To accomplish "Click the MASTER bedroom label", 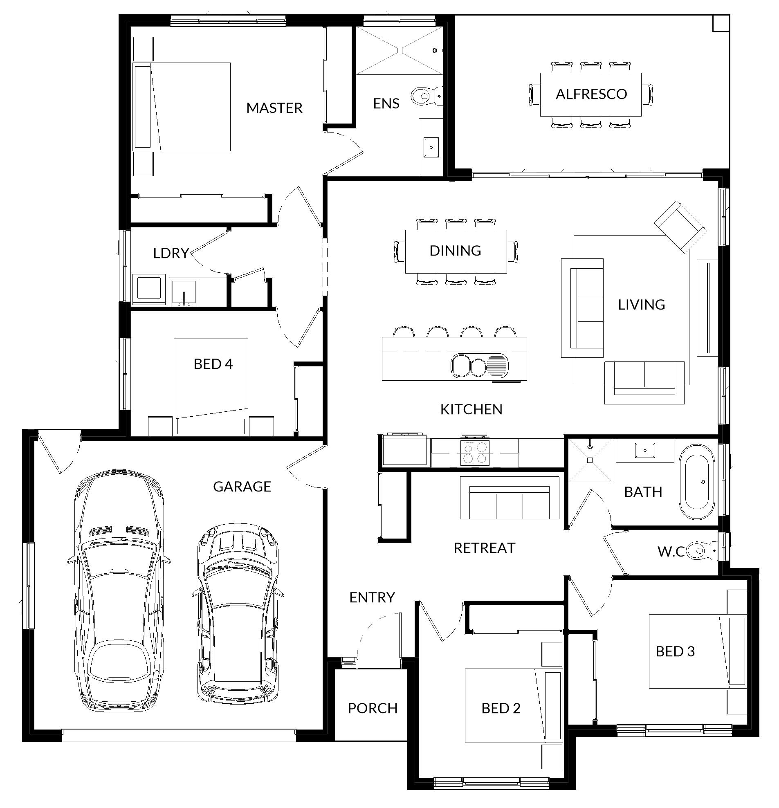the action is pyautogui.click(x=274, y=108).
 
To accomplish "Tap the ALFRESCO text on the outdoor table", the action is pyautogui.click(x=591, y=94).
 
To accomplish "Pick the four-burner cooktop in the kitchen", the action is pyautogui.click(x=475, y=453).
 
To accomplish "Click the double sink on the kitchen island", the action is pyautogui.click(x=480, y=366).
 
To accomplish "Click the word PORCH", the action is pyautogui.click(x=373, y=708).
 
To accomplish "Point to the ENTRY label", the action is pyautogui.click(x=372, y=597).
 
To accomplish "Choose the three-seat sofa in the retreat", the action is pyautogui.click(x=510, y=498).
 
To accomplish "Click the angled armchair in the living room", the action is pyautogui.click(x=680, y=227).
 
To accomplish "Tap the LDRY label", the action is pyautogui.click(x=171, y=253).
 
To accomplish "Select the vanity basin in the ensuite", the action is pyautogui.click(x=431, y=147).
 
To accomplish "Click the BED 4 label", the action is pyautogui.click(x=213, y=364).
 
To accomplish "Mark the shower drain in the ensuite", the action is pyautogui.click(x=400, y=50).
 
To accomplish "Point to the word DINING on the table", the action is pyautogui.click(x=455, y=251).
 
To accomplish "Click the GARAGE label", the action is pyautogui.click(x=242, y=487).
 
